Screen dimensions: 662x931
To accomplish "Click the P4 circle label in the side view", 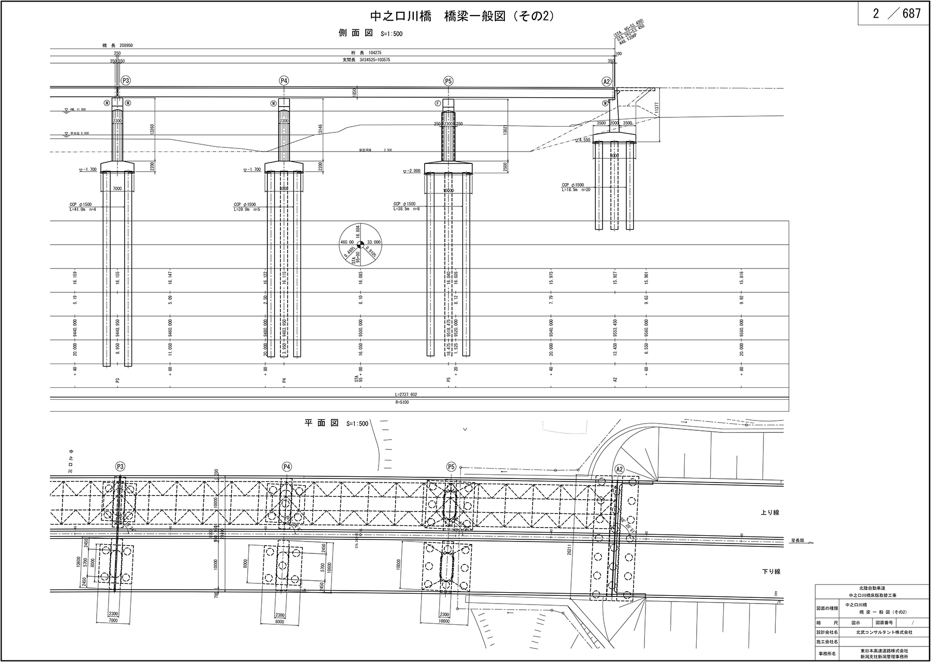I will pos(283,81).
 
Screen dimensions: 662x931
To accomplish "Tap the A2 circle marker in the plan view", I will pos(620,469).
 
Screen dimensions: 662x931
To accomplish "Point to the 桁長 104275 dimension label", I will pos(370,53).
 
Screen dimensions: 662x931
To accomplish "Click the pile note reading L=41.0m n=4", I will pos(83,209).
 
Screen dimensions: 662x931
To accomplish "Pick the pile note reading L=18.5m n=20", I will pos(576,190).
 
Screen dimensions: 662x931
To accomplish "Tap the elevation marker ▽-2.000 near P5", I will pos(412,172).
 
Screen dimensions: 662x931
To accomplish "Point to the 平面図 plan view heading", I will pos(321,423).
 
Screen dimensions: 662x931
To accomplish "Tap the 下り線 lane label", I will pos(770,571).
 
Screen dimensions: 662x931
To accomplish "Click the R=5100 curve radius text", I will pos(401,402).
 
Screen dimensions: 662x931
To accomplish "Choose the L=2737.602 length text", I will pos(405,394).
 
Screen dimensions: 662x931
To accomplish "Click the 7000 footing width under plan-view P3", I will pos(113,620).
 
